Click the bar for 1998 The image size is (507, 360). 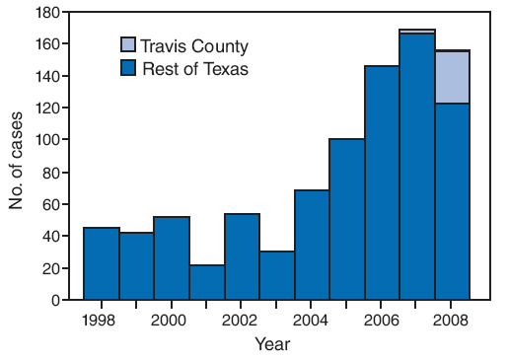pos(101,263)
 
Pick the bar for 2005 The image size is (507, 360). pos(346,219)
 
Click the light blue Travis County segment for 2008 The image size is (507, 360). pos(452,77)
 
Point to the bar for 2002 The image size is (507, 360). pos(242,256)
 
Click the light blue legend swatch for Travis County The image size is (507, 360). pos(129,45)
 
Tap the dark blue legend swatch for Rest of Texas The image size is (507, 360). pos(129,68)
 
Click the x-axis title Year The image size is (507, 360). pos(272,344)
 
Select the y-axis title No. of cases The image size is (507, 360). pos(17,156)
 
